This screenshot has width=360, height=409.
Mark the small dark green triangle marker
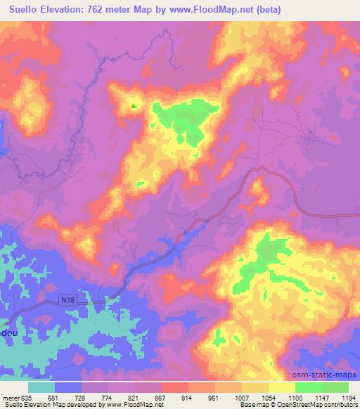pyautogui.click(x=134, y=106)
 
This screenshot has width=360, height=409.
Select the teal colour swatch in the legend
pyautogui.click(x=41, y=387)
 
